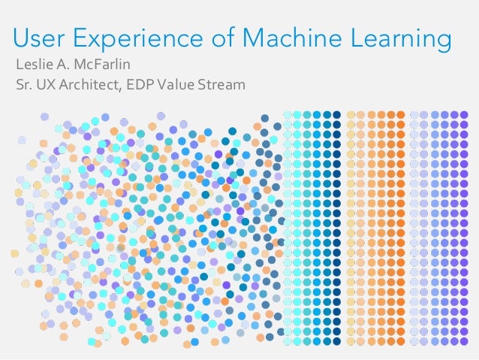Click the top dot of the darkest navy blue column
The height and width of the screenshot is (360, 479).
pyautogui.click(x=336, y=115)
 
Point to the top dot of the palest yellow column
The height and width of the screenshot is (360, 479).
pyautogui.click(x=350, y=115)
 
